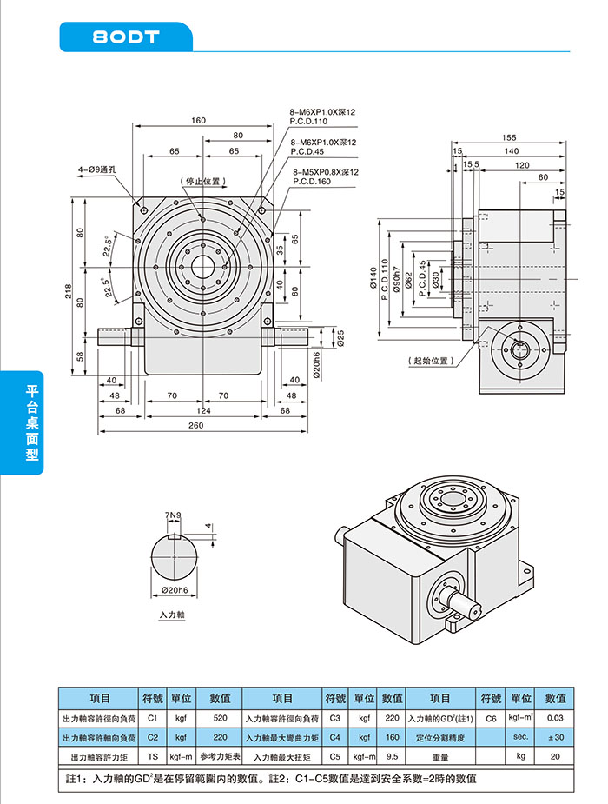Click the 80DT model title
126,37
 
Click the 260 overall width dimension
196,425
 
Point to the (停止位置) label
202,182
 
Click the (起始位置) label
431,360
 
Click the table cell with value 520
220,719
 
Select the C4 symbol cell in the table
335,738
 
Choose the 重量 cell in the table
440,757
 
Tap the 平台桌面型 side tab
32,423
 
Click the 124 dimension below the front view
202,410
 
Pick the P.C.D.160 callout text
312,182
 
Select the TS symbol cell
153,757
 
